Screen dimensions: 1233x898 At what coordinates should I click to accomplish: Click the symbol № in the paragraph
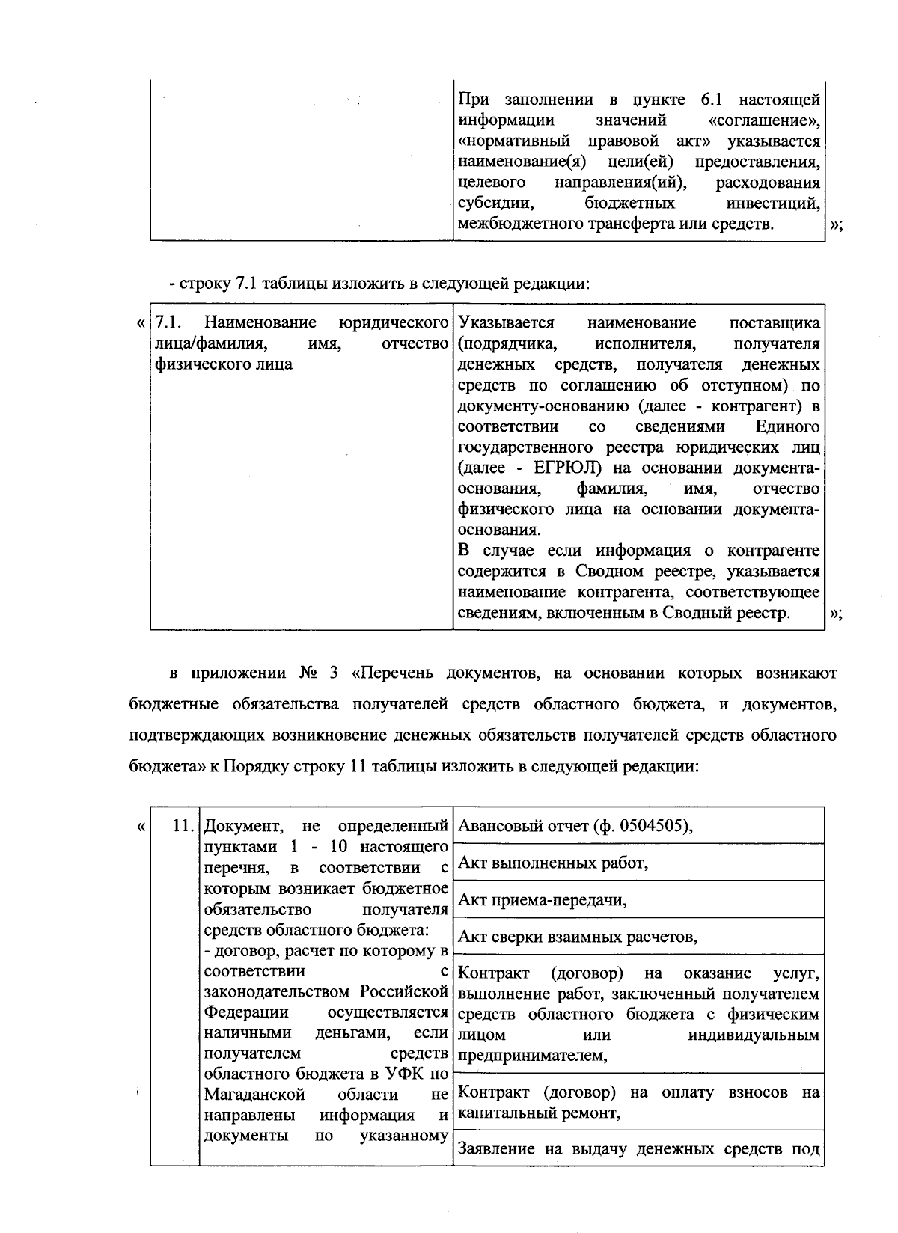pyautogui.click(x=309, y=673)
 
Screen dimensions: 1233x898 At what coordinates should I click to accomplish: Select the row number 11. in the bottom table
pyautogui.click(x=183, y=827)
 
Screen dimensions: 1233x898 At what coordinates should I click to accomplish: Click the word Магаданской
pyautogui.click(x=254, y=1095)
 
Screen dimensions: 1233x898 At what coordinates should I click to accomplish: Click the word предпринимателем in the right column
pyautogui.click(x=531, y=1056)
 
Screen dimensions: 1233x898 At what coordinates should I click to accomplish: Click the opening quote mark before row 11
pyautogui.click(x=140, y=827)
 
